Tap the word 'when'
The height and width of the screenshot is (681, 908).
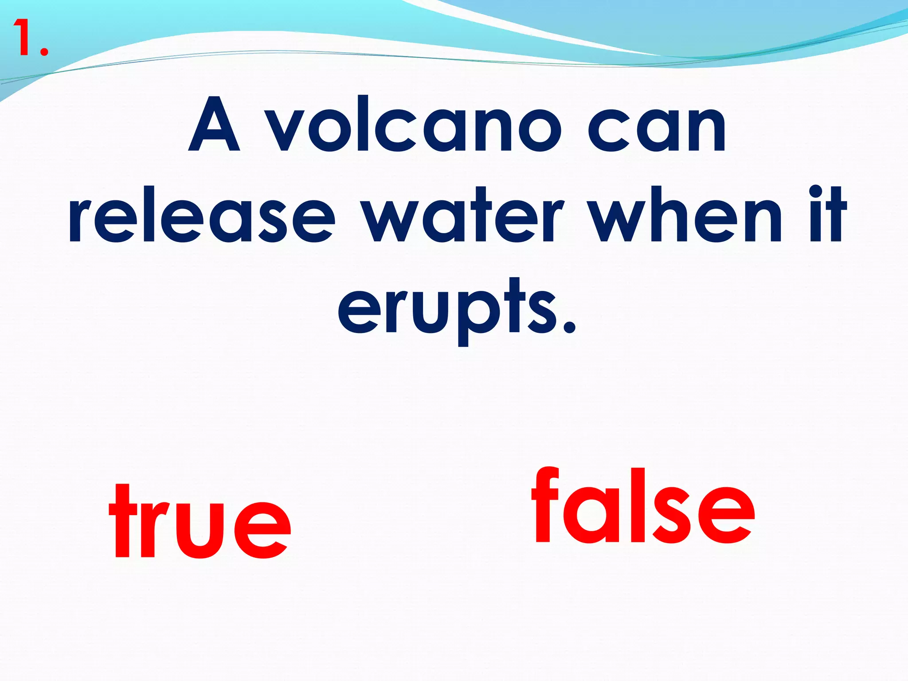[687, 217]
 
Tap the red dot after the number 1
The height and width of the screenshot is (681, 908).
[43, 51]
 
